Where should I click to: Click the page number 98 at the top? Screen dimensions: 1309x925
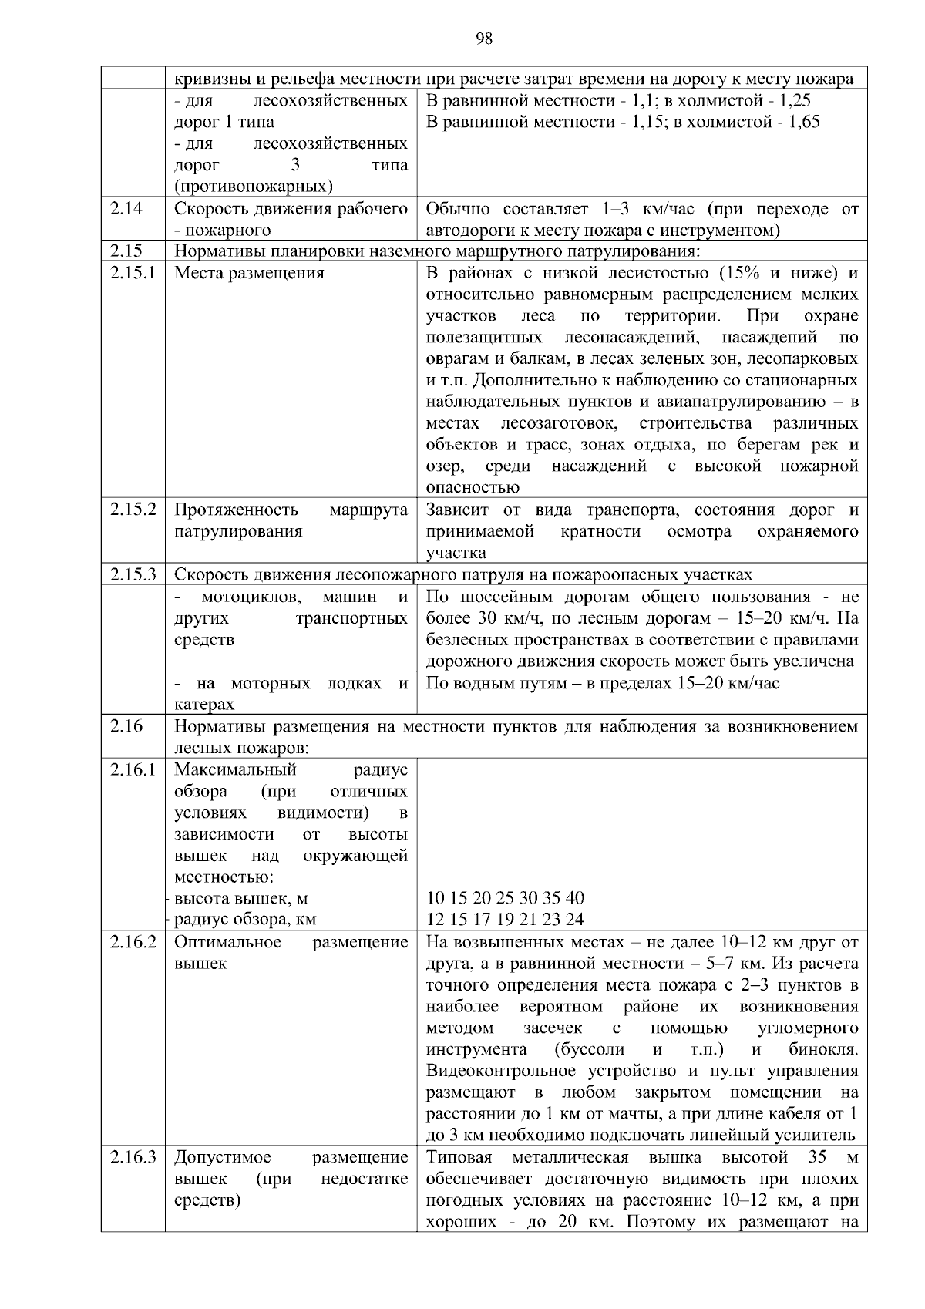tap(484, 39)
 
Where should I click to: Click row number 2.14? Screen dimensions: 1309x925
tap(126, 208)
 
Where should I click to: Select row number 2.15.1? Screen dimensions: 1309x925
tap(132, 273)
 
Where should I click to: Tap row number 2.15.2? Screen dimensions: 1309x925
tap(132, 510)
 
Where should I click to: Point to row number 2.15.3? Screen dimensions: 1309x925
tap(132, 574)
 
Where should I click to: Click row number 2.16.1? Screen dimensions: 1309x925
tap(132, 769)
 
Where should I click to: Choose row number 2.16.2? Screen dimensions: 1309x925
tap(132, 942)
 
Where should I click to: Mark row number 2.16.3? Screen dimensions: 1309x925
tap(132, 1157)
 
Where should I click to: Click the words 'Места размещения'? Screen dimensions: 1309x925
tap(249, 273)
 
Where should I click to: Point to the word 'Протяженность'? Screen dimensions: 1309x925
tap(236, 510)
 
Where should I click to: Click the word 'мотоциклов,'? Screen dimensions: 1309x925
tap(251, 597)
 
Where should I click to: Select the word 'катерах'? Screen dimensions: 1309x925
tap(203, 704)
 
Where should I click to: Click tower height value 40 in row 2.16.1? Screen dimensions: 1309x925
tap(574, 898)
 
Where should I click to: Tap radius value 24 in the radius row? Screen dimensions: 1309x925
tap(574, 919)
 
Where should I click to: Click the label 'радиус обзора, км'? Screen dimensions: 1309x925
tap(244, 919)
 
